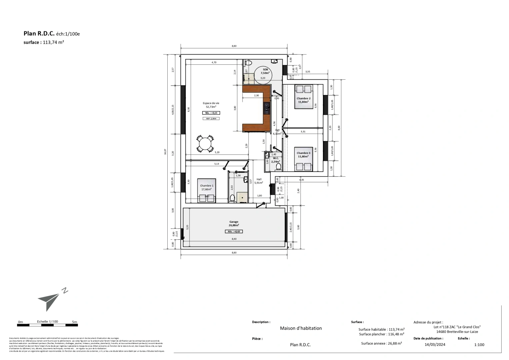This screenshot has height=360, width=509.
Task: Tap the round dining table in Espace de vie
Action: [x=205, y=144]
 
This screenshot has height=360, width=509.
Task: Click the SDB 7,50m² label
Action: [x=265, y=71]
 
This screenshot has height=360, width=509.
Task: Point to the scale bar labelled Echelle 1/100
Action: [x=47, y=324]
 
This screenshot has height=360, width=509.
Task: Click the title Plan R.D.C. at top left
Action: [x=39, y=33]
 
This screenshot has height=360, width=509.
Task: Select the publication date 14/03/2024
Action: [x=435, y=345]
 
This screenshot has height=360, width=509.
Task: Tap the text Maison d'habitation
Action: [x=301, y=328]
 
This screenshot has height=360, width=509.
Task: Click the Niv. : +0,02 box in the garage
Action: [x=234, y=231]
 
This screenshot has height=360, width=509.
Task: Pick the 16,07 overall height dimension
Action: [x=165, y=152]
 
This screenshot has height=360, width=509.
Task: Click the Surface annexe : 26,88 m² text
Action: [x=381, y=343]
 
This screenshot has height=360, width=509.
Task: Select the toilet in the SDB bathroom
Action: [x=248, y=63]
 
